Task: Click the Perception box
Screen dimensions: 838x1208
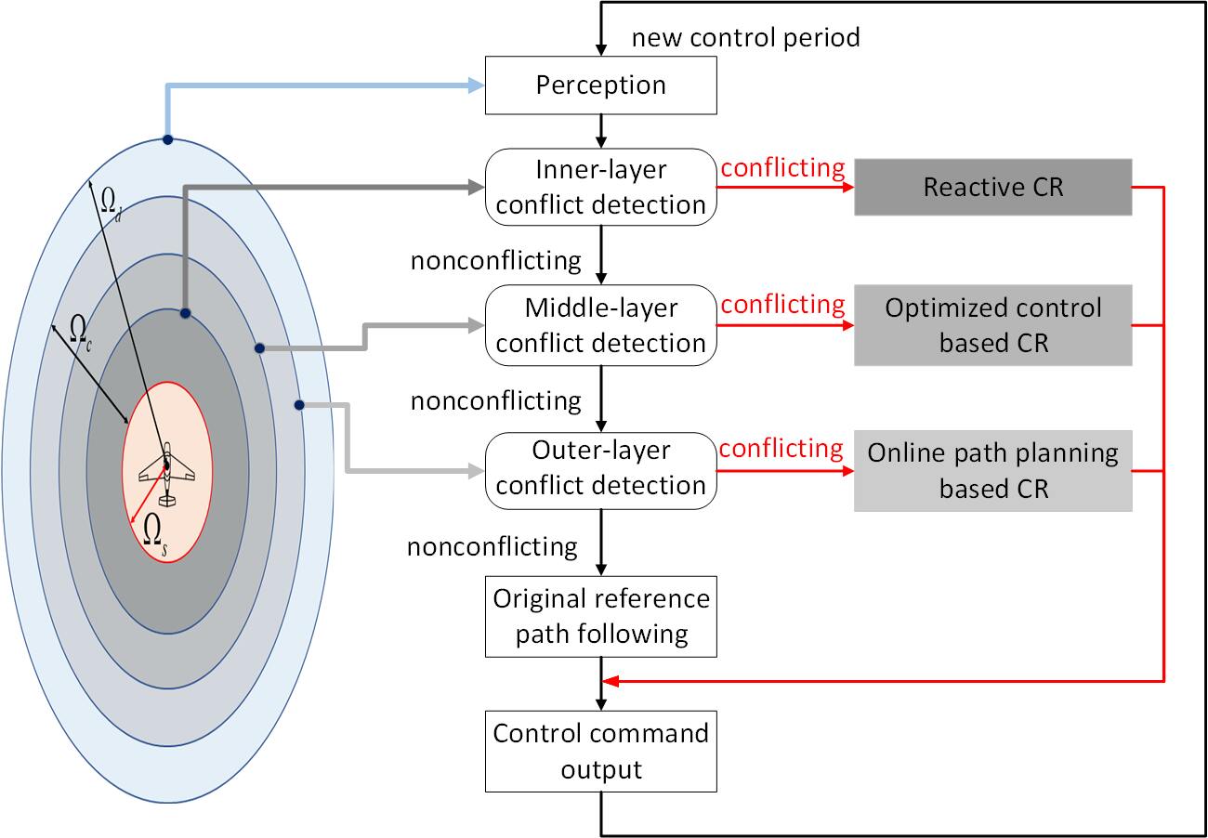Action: (x=601, y=85)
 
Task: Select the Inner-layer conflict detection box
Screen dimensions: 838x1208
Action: (x=601, y=187)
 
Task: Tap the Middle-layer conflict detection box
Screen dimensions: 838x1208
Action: (x=601, y=325)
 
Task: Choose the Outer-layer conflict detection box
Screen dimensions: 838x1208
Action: (x=601, y=468)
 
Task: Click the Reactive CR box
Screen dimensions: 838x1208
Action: (x=992, y=188)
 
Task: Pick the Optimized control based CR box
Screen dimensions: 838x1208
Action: (x=992, y=325)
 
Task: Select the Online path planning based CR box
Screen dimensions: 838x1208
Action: (x=992, y=470)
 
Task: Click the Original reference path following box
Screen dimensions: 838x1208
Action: (x=601, y=616)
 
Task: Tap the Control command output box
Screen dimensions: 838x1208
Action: (x=601, y=752)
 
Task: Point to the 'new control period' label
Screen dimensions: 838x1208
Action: (x=745, y=38)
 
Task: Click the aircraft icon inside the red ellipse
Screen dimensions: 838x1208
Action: (x=167, y=474)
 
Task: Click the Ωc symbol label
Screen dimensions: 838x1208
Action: (x=81, y=328)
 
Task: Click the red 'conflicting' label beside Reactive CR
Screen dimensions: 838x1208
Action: (x=782, y=168)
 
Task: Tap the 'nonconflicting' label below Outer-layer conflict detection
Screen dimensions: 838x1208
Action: (x=492, y=546)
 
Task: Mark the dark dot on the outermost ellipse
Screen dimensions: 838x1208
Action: (x=167, y=140)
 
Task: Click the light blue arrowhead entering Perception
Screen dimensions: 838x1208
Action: (x=475, y=85)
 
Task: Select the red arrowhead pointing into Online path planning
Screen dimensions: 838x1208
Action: (x=847, y=471)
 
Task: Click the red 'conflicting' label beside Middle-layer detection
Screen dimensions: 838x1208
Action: (x=782, y=305)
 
